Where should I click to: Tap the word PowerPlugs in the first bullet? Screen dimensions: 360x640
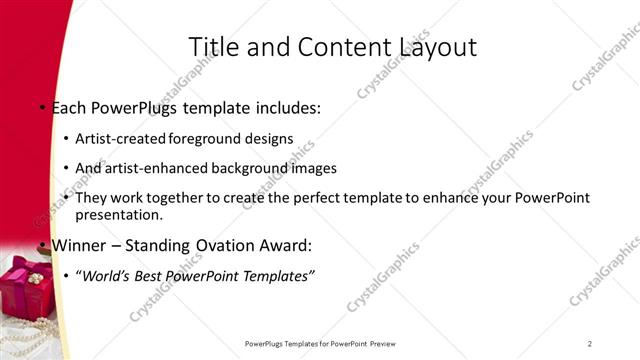click(x=131, y=106)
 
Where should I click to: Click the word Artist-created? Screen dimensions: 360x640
click(x=121, y=138)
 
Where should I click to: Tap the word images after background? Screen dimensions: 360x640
click(x=312, y=168)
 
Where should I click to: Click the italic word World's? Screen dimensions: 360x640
click(x=106, y=274)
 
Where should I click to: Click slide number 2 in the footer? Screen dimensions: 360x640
click(x=590, y=344)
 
